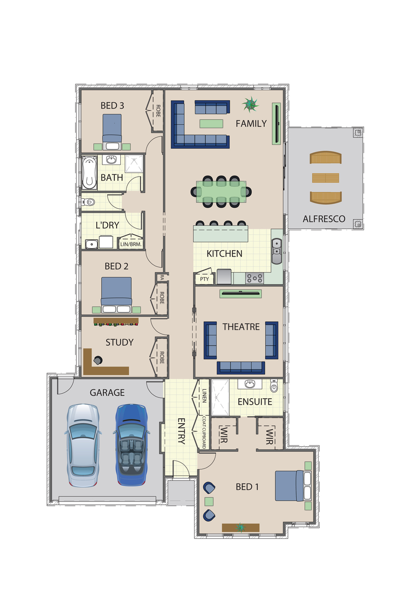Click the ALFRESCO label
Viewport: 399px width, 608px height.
coord(324,219)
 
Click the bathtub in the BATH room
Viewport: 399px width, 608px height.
coord(89,172)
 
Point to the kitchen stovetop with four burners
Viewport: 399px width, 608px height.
coord(254,278)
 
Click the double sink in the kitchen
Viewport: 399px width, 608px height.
coord(277,251)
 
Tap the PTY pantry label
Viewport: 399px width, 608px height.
coord(204,279)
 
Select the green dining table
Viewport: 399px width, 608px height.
coord(221,192)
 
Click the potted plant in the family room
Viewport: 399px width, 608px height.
coord(250,105)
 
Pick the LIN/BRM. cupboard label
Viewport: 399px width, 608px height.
coord(131,244)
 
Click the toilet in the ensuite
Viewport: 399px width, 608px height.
coord(274,386)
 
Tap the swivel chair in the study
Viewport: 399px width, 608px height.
coord(98,360)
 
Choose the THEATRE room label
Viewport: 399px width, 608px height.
coord(241,327)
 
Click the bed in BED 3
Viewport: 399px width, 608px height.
coord(112,132)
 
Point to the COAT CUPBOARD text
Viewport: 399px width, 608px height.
coord(204,433)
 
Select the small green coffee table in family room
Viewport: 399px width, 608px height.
coord(211,124)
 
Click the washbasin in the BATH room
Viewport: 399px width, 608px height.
coord(111,159)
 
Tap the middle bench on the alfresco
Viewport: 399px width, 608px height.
coord(325,178)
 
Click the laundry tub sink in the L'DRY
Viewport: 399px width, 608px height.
coord(92,244)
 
